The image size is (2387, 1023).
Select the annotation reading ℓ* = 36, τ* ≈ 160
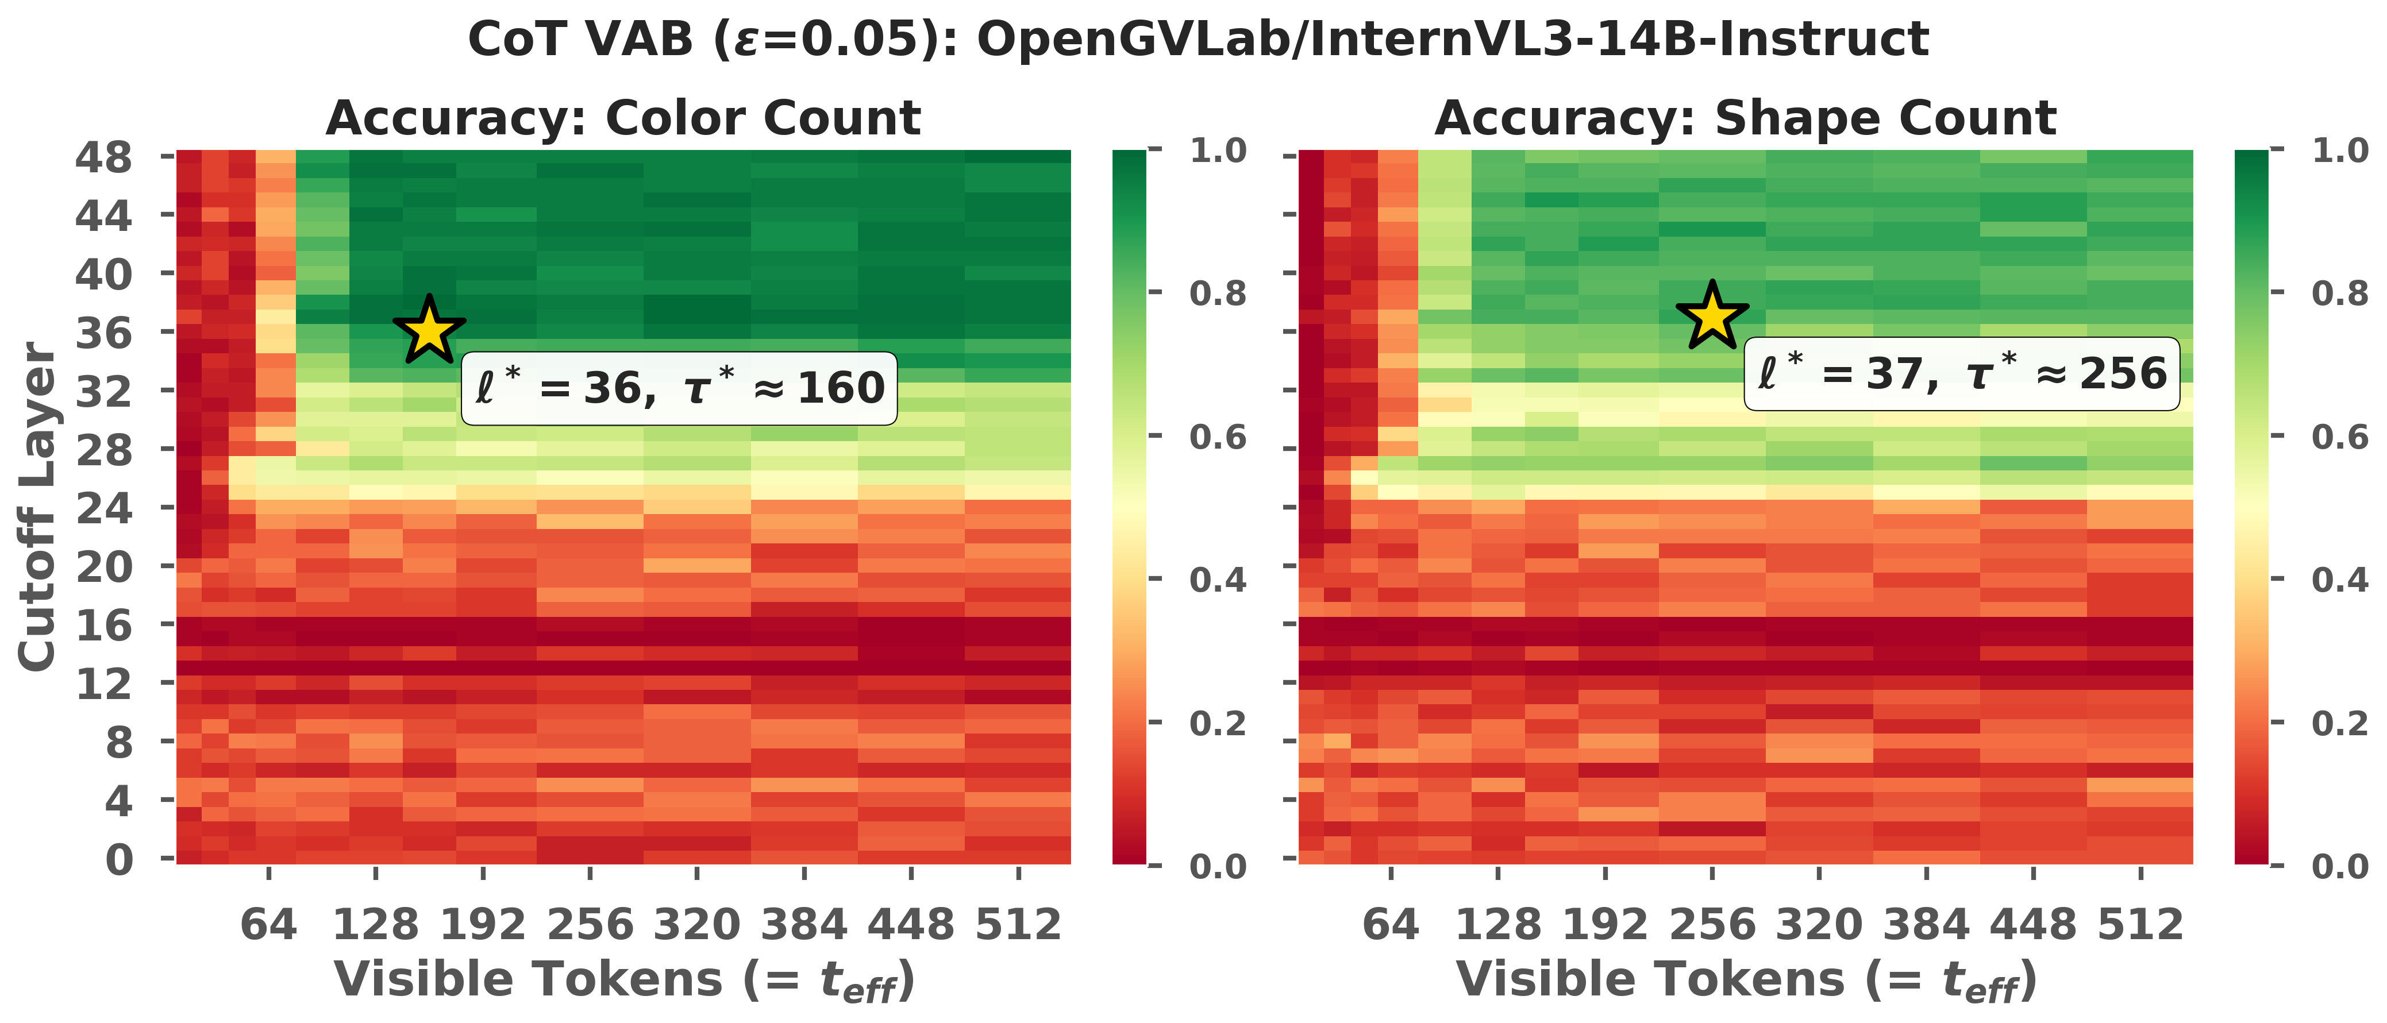point(679,388)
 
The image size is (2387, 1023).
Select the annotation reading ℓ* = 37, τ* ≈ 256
point(1962,373)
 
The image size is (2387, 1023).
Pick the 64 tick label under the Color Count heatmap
point(269,925)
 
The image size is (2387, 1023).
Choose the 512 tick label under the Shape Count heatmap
point(2140,925)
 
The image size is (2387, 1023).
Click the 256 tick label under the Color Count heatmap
point(590,925)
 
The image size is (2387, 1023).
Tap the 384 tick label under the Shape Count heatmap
point(1927,925)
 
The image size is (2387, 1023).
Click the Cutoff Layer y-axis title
point(37,507)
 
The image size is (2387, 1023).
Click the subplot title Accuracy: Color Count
point(623,118)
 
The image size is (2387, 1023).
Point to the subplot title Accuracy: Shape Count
point(1746,118)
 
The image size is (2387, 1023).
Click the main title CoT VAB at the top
point(1198,40)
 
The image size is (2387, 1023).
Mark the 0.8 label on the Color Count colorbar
point(1218,293)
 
